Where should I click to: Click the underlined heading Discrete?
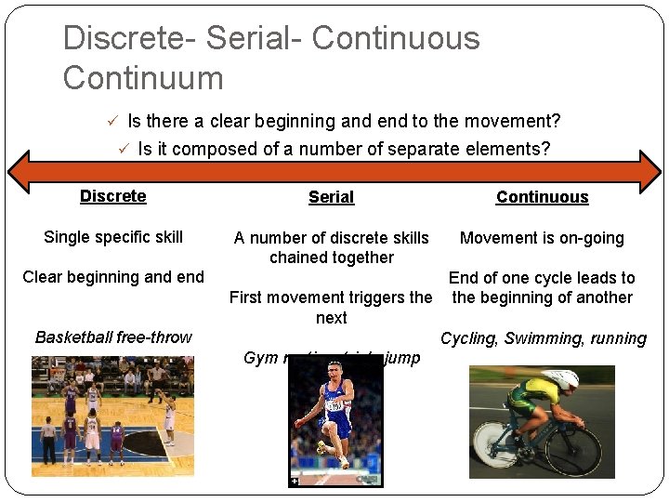coord(112,196)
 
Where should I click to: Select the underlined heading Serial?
coord(332,197)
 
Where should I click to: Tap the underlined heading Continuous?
coord(542,197)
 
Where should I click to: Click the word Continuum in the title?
coord(143,77)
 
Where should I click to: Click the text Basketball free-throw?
coord(113,337)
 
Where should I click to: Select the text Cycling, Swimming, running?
coord(543,338)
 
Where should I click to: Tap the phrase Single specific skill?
coord(113,237)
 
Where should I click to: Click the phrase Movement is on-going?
coord(542,238)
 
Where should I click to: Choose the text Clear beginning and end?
coord(113,277)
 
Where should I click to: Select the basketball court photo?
coord(112,416)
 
